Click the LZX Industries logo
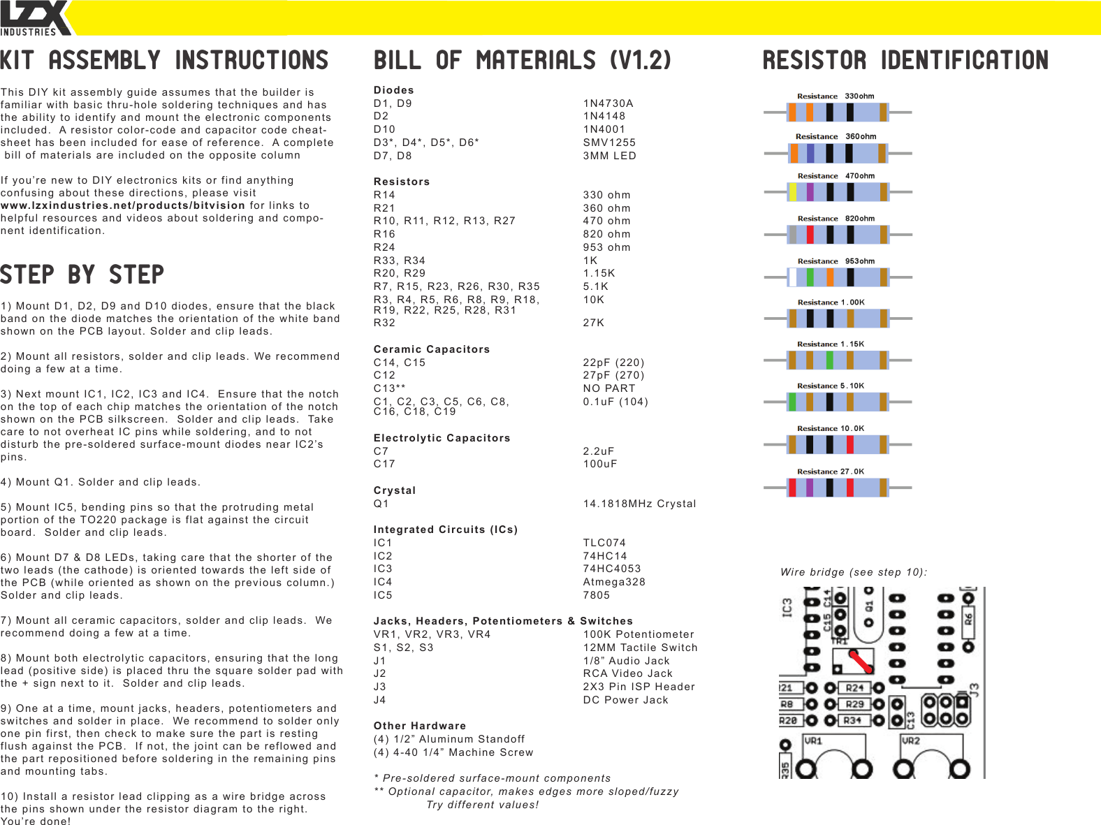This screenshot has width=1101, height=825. pos(35,18)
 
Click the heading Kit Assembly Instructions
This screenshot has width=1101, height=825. pos(164,61)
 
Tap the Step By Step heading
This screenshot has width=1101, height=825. pos(82,275)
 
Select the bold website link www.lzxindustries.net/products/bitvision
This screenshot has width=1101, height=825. pos(123,205)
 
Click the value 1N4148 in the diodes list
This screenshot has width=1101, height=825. pos(604,116)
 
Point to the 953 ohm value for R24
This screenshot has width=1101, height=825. pos(606,247)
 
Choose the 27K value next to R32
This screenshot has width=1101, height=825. pos(594,323)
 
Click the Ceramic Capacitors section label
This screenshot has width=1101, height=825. pos(432,349)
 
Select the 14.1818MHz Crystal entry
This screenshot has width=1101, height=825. pos(639,504)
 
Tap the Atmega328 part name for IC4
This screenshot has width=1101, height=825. pos(614,582)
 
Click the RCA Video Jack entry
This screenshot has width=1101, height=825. pos(627,673)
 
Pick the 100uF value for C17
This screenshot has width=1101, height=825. pos(600,464)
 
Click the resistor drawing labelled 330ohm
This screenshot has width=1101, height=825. pos(838,112)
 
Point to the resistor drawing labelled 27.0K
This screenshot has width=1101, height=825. pos(838,488)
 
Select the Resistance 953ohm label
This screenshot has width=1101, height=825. pos(836,261)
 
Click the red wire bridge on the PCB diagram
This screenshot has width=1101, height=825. pos(861,661)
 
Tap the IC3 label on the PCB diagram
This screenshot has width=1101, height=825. pos(787,607)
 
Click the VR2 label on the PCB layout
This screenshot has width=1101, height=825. pos(911,740)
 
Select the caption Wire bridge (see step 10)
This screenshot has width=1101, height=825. pos(854,572)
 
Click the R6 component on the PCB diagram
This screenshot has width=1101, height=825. pos(968,618)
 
